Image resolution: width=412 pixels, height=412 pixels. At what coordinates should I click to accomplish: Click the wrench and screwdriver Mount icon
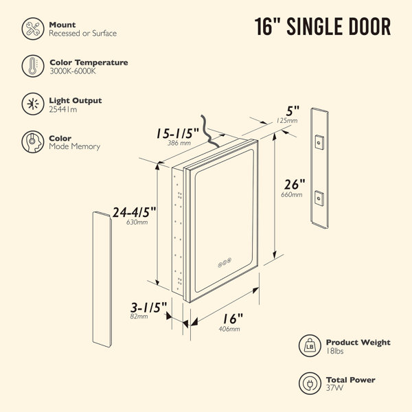pyautogui.click(x=33, y=29)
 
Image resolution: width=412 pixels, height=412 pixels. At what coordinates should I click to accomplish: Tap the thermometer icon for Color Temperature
pyautogui.click(x=33, y=66)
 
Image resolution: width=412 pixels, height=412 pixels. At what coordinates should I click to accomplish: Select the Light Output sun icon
pyautogui.click(x=33, y=104)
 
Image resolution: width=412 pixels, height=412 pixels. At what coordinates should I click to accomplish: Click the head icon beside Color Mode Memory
pyautogui.click(x=33, y=142)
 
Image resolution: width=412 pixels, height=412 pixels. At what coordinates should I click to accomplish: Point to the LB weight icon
pyautogui.click(x=310, y=346)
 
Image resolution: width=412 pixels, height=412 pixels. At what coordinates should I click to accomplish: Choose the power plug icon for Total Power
pyautogui.click(x=310, y=383)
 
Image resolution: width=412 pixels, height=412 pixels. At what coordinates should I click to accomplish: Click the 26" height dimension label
pyautogui.click(x=295, y=184)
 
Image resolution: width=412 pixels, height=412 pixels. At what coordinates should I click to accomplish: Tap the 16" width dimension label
pyautogui.click(x=233, y=319)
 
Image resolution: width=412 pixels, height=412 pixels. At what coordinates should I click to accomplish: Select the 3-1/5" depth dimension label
pyautogui.click(x=149, y=308)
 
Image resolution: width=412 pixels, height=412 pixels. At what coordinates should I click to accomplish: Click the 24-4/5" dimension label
pyautogui.click(x=135, y=212)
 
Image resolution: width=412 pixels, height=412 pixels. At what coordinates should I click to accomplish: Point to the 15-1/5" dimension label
pyautogui.click(x=178, y=133)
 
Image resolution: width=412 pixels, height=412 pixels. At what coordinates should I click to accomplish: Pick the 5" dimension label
pyautogui.click(x=293, y=111)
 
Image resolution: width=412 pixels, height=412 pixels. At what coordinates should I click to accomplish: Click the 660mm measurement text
pyautogui.click(x=292, y=195)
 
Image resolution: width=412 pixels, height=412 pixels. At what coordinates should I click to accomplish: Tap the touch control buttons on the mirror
pyautogui.click(x=225, y=262)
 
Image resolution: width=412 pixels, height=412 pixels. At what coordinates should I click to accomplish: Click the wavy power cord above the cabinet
pyautogui.click(x=209, y=131)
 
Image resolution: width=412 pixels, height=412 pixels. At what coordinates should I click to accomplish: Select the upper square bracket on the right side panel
pyautogui.click(x=319, y=142)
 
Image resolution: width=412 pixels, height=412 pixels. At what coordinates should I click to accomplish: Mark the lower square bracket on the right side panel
pyautogui.click(x=319, y=198)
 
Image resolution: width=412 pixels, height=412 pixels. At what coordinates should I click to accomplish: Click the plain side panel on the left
pyautogui.click(x=102, y=279)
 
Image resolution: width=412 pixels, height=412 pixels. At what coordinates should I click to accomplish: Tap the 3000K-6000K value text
pyautogui.click(x=73, y=71)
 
